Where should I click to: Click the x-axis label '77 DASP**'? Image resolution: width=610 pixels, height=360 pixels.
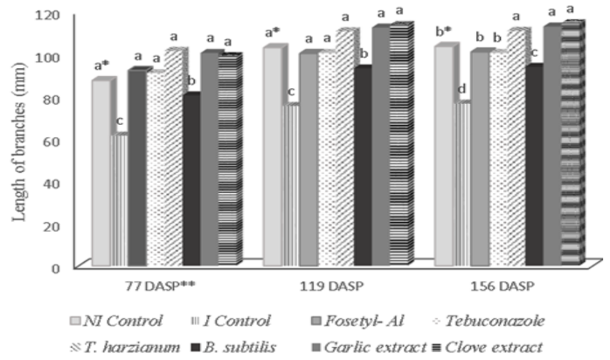(x=161, y=287)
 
